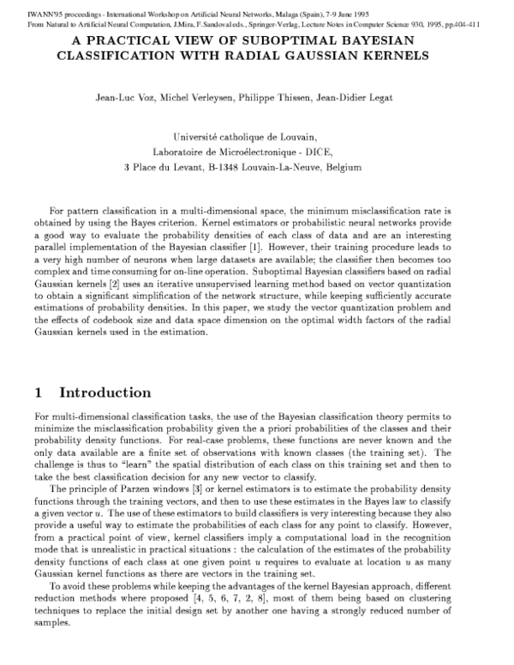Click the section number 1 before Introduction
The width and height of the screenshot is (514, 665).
[x=38, y=393]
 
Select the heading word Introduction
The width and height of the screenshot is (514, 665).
[x=105, y=393]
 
